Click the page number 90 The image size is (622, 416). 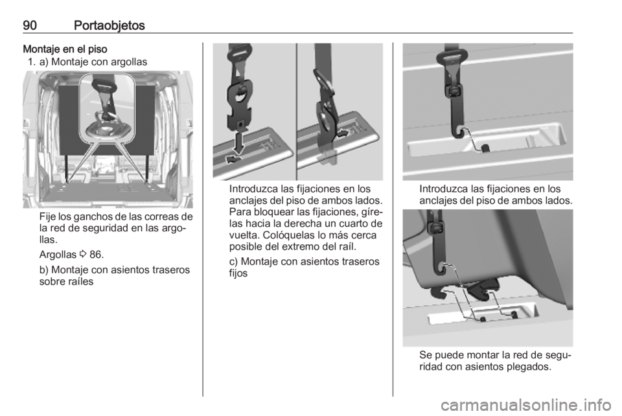coord(30,25)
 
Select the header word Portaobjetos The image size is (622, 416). coord(109,26)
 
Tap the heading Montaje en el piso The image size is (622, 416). coord(65,49)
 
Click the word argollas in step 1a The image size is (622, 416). coord(130,62)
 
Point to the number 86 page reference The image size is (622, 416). coord(97,254)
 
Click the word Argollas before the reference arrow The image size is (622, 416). coord(58,255)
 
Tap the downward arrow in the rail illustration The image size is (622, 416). coord(239,144)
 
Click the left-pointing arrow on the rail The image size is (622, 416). coord(234,159)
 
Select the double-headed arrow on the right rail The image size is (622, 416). coord(343,133)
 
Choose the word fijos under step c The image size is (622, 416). coord(238,273)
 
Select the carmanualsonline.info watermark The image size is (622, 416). coord(525,406)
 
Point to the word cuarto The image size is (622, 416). coord(354,224)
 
